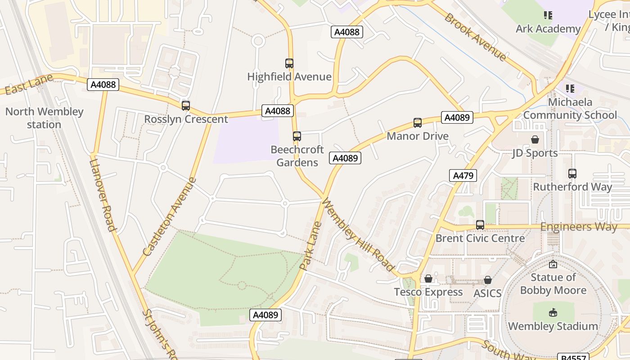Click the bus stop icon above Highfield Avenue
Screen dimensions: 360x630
[x=289, y=63]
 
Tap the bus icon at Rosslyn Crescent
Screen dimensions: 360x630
[x=186, y=106]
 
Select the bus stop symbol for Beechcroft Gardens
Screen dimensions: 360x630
[x=297, y=136]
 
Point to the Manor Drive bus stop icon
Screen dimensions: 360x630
[x=418, y=123]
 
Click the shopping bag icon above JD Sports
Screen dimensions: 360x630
[x=535, y=139]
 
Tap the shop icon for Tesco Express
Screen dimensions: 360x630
[x=428, y=279]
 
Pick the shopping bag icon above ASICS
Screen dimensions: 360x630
[x=487, y=280]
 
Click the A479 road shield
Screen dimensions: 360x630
[x=463, y=175]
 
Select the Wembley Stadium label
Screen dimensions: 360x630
[x=553, y=326]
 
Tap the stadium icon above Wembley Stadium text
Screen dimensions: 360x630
[x=553, y=312]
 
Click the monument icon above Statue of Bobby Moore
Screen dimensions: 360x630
[x=553, y=264]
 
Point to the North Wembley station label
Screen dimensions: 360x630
[x=44, y=118]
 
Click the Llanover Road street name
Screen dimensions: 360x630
[x=103, y=195]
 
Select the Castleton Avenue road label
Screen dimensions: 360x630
[x=170, y=217]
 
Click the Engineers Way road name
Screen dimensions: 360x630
[x=579, y=227]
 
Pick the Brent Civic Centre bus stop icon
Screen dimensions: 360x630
[x=480, y=225]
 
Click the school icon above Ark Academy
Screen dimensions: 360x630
[x=548, y=16]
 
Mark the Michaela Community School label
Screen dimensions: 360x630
[x=570, y=108]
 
